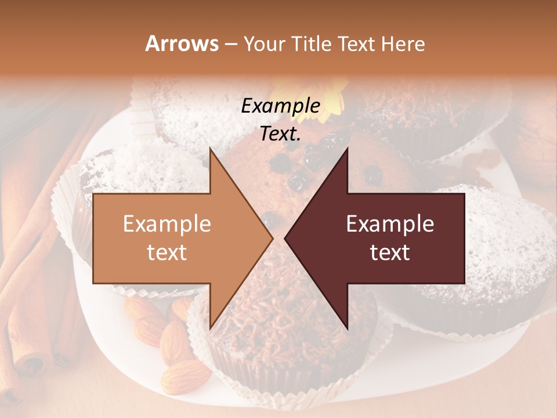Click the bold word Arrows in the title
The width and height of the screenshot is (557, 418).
coord(182,44)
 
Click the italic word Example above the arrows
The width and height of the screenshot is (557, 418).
coord(280,106)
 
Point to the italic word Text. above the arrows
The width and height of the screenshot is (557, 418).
coord(280,134)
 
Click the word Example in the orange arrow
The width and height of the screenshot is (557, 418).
coord(167,224)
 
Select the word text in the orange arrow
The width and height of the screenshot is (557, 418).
coord(167,252)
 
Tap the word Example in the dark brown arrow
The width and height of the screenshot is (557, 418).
coord(390,224)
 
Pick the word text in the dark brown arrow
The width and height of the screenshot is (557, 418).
coord(390,252)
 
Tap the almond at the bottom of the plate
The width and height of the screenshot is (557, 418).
coord(185,376)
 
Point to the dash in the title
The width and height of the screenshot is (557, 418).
coord(230,45)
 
